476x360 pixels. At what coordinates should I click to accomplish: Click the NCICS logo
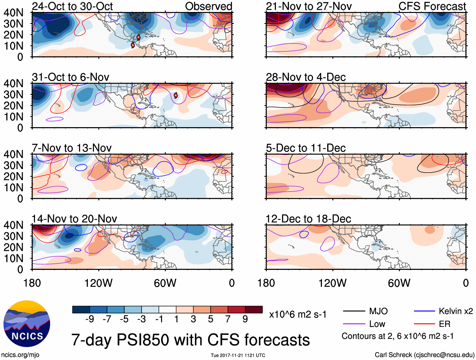[x=26, y=324]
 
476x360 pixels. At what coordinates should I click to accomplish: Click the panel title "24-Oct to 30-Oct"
[x=72, y=6]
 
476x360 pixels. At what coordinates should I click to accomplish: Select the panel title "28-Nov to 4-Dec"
[x=306, y=77]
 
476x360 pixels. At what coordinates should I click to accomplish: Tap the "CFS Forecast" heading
[x=432, y=6]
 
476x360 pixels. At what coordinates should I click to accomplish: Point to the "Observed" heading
[x=208, y=6]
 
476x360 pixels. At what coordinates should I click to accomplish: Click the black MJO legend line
[x=354, y=311]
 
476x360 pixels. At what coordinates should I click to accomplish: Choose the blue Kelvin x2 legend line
[x=424, y=311]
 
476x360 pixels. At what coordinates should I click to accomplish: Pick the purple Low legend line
[x=354, y=324]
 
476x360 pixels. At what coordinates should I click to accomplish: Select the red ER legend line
[x=424, y=324]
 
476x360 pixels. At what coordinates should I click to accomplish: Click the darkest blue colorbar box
[x=81, y=310]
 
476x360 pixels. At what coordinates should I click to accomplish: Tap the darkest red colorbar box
[x=254, y=310]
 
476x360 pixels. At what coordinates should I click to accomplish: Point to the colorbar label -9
[x=90, y=319]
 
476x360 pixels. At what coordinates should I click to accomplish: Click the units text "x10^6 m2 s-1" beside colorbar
[x=298, y=315]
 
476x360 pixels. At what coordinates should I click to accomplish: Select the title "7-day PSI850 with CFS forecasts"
[x=190, y=340]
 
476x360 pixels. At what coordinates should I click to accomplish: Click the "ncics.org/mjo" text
[x=20, y=355]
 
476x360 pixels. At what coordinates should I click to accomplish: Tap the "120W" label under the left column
[x=98, y=283]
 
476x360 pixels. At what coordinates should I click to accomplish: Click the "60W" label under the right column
[x=399, y=283]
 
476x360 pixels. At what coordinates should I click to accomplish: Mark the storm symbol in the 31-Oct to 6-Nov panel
[x=176, y=95]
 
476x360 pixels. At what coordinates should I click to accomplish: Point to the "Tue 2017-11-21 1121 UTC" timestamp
[x=238, y=356]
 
